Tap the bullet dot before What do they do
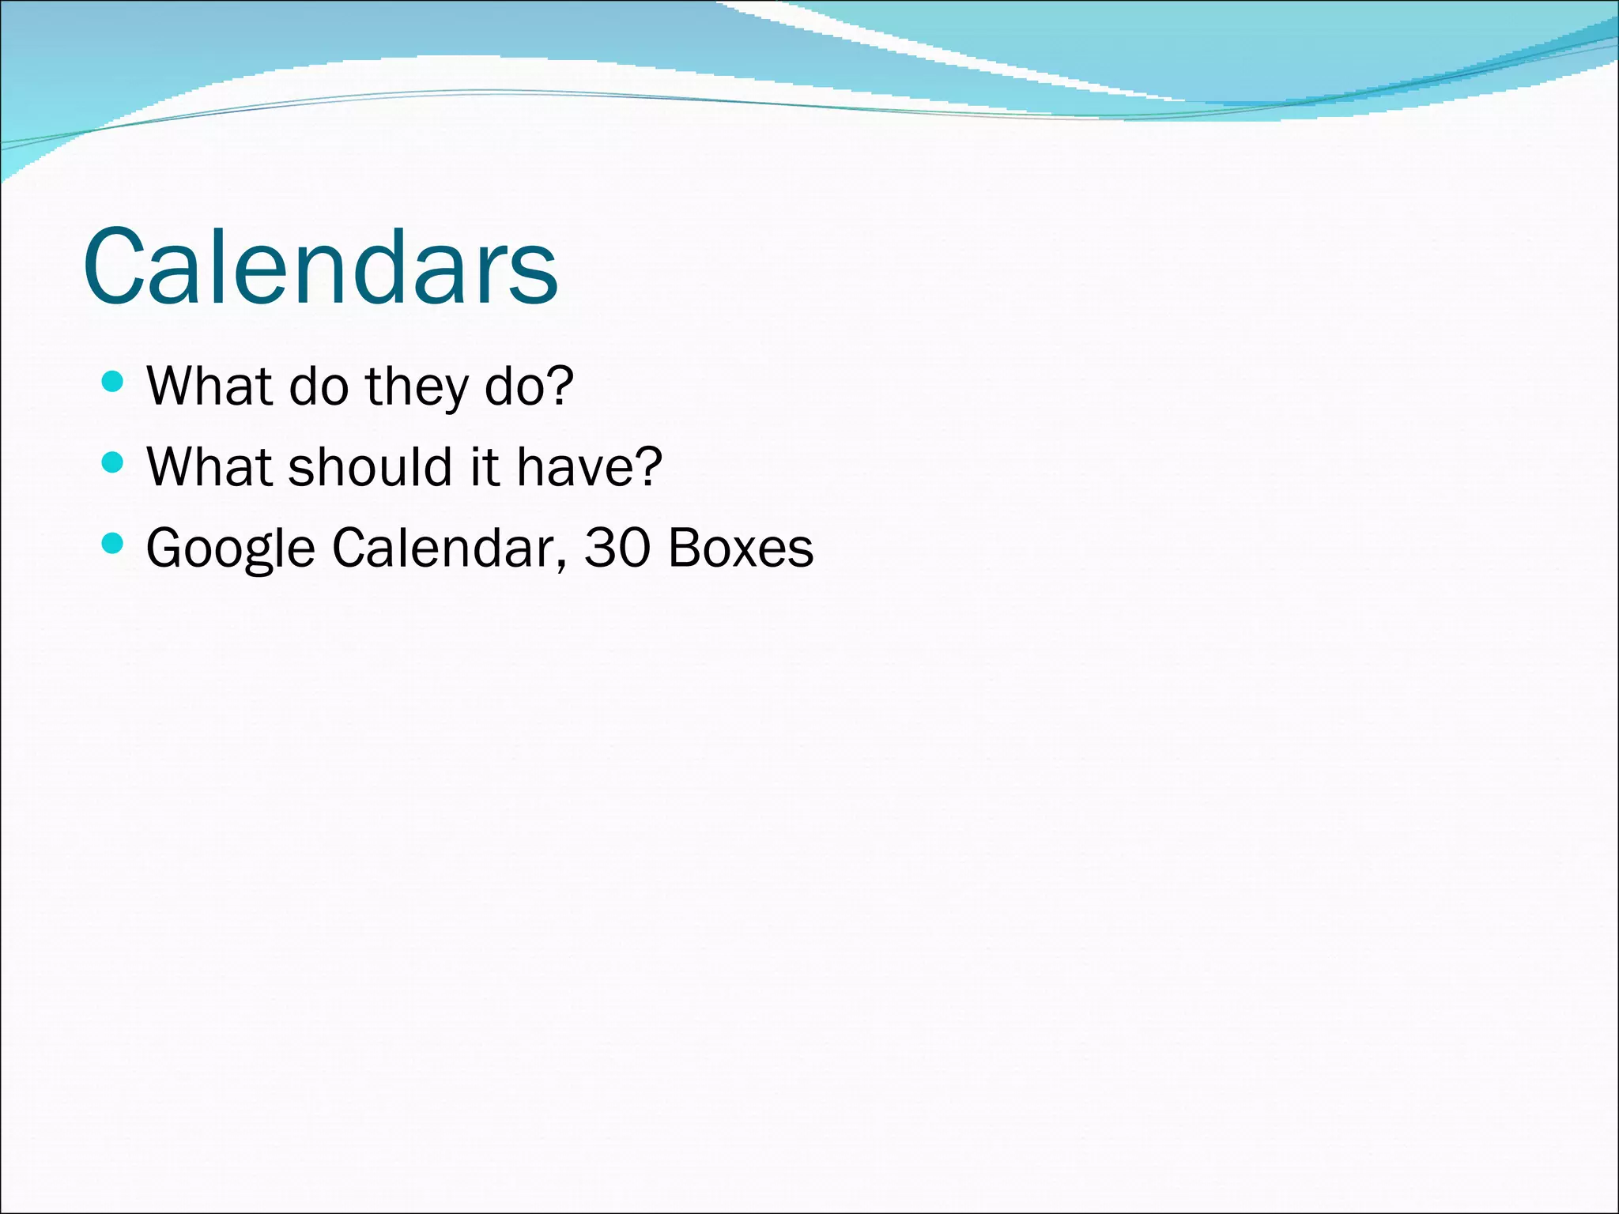click(113, 383)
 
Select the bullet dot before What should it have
click(113, 462)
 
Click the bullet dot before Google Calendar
click(113, 543)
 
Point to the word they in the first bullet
click(417, 387)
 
